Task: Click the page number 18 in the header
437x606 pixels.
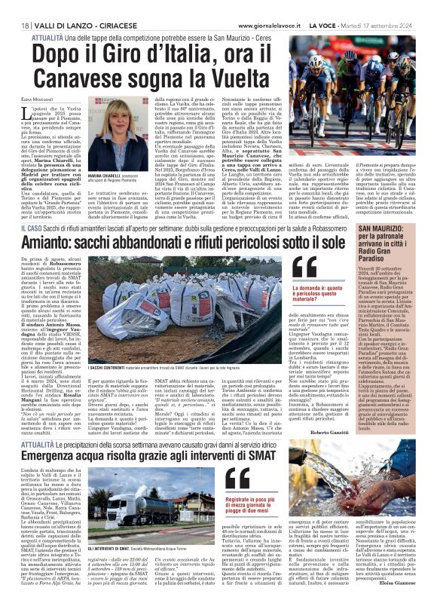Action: (15, 7)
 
